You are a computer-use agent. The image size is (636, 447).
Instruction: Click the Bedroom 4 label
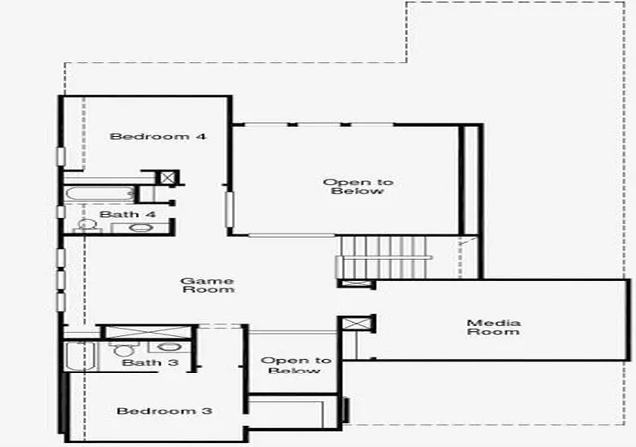click(158, 136)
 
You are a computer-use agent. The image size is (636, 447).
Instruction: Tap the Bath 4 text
click(128, 214)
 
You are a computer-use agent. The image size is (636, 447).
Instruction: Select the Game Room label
click(208, 285)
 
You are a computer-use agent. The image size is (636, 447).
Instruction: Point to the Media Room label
click(493, 327)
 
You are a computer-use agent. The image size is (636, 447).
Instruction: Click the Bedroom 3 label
click(164, 411)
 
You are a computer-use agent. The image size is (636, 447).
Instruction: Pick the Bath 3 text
click(150, 362)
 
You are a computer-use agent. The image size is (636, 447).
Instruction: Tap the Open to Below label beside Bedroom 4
click(358, 187)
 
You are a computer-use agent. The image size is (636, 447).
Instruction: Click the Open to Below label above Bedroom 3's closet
click(296, 366)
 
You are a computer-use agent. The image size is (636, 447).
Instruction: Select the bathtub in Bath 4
click(99, 195)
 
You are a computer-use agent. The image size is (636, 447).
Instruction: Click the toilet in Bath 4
click(86, 226)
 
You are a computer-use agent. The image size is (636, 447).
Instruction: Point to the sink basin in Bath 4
click(141, 227)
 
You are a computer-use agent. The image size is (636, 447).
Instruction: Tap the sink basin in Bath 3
click(168, 348)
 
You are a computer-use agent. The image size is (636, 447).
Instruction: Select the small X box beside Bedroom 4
click(167, 177)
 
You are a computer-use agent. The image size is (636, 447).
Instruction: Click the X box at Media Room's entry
click(357, 324)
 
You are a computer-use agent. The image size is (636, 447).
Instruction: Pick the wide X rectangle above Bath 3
click(148, 332)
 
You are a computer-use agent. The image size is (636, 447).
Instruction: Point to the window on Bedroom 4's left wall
click(61, 157)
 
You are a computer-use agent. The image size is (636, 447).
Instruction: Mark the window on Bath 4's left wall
click(61, 212)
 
